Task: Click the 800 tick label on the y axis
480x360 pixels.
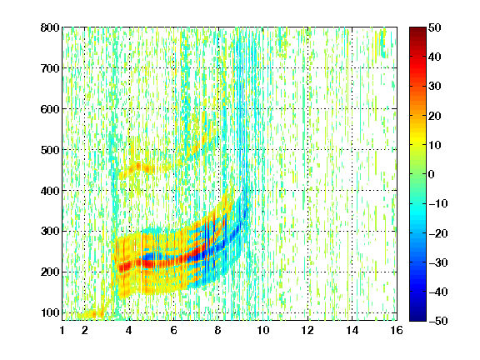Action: pos(50,27)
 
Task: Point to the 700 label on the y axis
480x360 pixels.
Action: pos(50,68)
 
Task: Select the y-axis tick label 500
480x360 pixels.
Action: pos(50,150)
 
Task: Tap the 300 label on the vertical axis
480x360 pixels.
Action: pos(50,231)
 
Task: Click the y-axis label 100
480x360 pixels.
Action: pos(50,312)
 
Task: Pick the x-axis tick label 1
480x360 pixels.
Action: pos(62,330)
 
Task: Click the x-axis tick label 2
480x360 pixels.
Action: pos(85,330)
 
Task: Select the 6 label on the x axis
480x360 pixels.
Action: pos(174,330)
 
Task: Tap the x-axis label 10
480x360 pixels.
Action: pos(263,330)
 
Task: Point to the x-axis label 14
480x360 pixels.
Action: pos(352,330)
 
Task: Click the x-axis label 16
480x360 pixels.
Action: pos(397,330)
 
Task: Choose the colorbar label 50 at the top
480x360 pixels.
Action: pos(435,27)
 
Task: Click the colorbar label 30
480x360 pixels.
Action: pos(435,87)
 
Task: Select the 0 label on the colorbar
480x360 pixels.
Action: pos(432,174)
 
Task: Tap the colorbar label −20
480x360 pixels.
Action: pos(438,233)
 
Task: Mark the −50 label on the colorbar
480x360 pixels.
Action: pos(438,321)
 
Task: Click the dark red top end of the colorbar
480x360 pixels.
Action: pos(417,30)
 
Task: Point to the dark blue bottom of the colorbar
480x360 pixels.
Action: pos(417,317)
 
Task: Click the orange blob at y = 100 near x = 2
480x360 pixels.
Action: pos(91,314)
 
